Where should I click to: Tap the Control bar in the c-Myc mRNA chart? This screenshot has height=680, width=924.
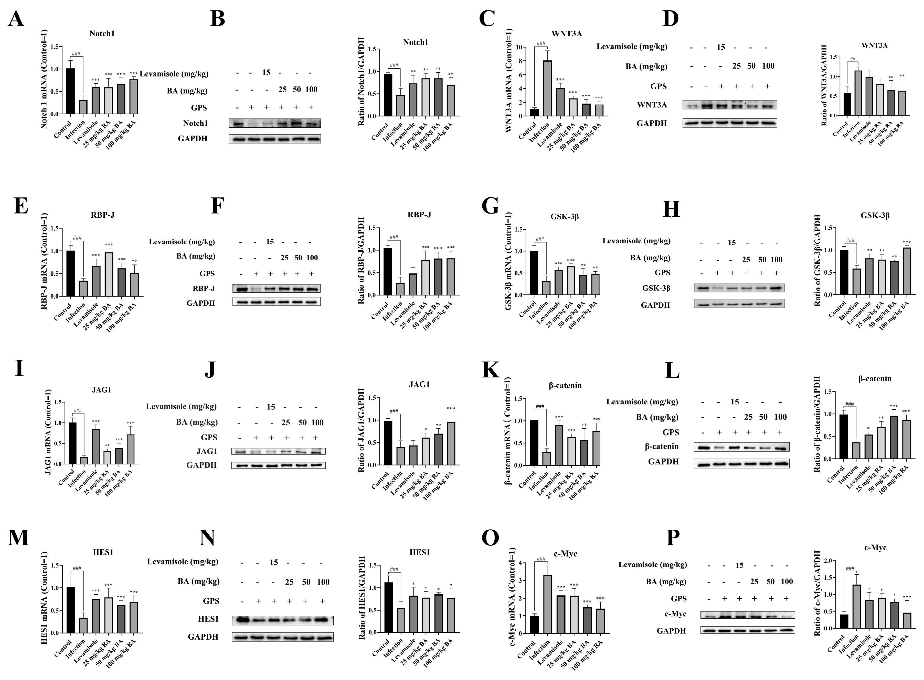(x=535, y=625)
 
